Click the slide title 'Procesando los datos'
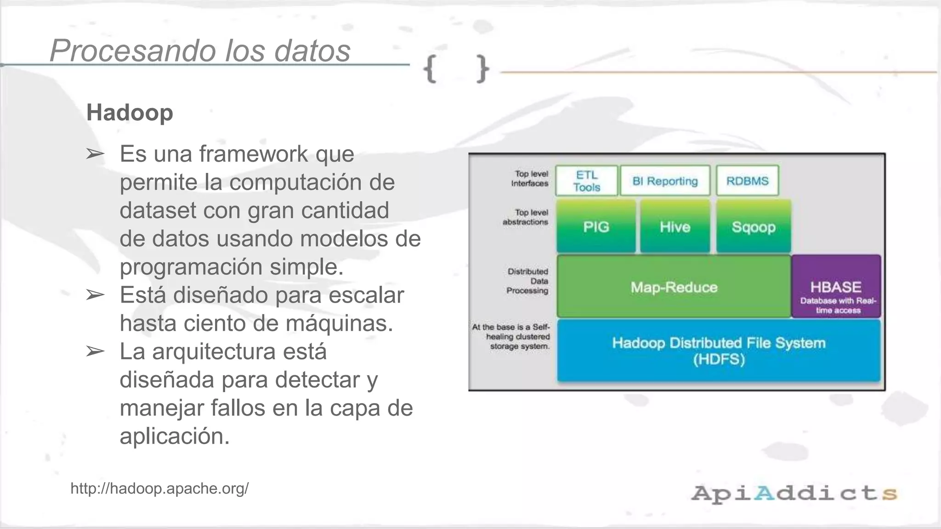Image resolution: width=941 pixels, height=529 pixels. [200, 50]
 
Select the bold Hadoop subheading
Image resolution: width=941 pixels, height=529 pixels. [130, 113]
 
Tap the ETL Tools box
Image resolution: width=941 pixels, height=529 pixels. [586, 181]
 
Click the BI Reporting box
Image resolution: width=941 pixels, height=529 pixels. [665, 181]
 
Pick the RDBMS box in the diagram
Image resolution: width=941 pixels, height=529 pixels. [747, 181]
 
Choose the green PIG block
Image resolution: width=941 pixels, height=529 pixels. [596, 226]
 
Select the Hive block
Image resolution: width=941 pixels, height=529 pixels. [675, 226]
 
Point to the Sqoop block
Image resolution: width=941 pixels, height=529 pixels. [754, 226]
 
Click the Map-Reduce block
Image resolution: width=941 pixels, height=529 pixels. [674, 287]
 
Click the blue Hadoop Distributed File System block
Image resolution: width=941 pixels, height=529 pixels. [719, 350]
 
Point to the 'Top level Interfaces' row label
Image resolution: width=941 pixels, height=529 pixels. [530, 179]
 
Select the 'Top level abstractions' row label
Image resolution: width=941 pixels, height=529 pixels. [526, 217]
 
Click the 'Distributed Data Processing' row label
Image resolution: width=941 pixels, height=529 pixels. [527, 281]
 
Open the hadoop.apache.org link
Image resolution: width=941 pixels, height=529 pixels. [159, 488]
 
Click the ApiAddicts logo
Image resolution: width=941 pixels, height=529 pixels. [794, 493]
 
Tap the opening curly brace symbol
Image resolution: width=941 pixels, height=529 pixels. [430, 69]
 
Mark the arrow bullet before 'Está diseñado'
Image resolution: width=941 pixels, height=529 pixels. [95, 295]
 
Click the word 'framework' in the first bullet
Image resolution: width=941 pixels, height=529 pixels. [253, 154]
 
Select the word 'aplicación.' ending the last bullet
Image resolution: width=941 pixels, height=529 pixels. [175, 436]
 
